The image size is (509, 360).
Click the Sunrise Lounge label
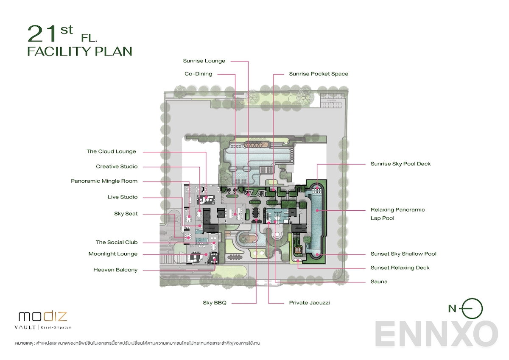204,61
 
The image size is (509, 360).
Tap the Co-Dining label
198,74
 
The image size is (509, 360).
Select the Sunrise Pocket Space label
319,74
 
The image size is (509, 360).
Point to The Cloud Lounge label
111,151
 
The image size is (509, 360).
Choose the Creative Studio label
117,167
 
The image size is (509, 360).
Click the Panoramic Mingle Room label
104,181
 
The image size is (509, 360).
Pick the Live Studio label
123,197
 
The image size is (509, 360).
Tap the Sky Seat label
126,214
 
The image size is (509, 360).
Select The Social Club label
117,243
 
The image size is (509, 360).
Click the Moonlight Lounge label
113,254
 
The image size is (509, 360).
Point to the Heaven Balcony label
115,270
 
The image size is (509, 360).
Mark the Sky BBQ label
215,303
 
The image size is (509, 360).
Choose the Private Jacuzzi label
310,303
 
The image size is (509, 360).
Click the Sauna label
379,282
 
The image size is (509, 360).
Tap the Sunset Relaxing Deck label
400,268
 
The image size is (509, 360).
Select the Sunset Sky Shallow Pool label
403,254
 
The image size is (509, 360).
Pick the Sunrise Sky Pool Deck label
400,164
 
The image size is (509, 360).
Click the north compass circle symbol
472,308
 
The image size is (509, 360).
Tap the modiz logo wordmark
42,316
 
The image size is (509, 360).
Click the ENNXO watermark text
436,334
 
